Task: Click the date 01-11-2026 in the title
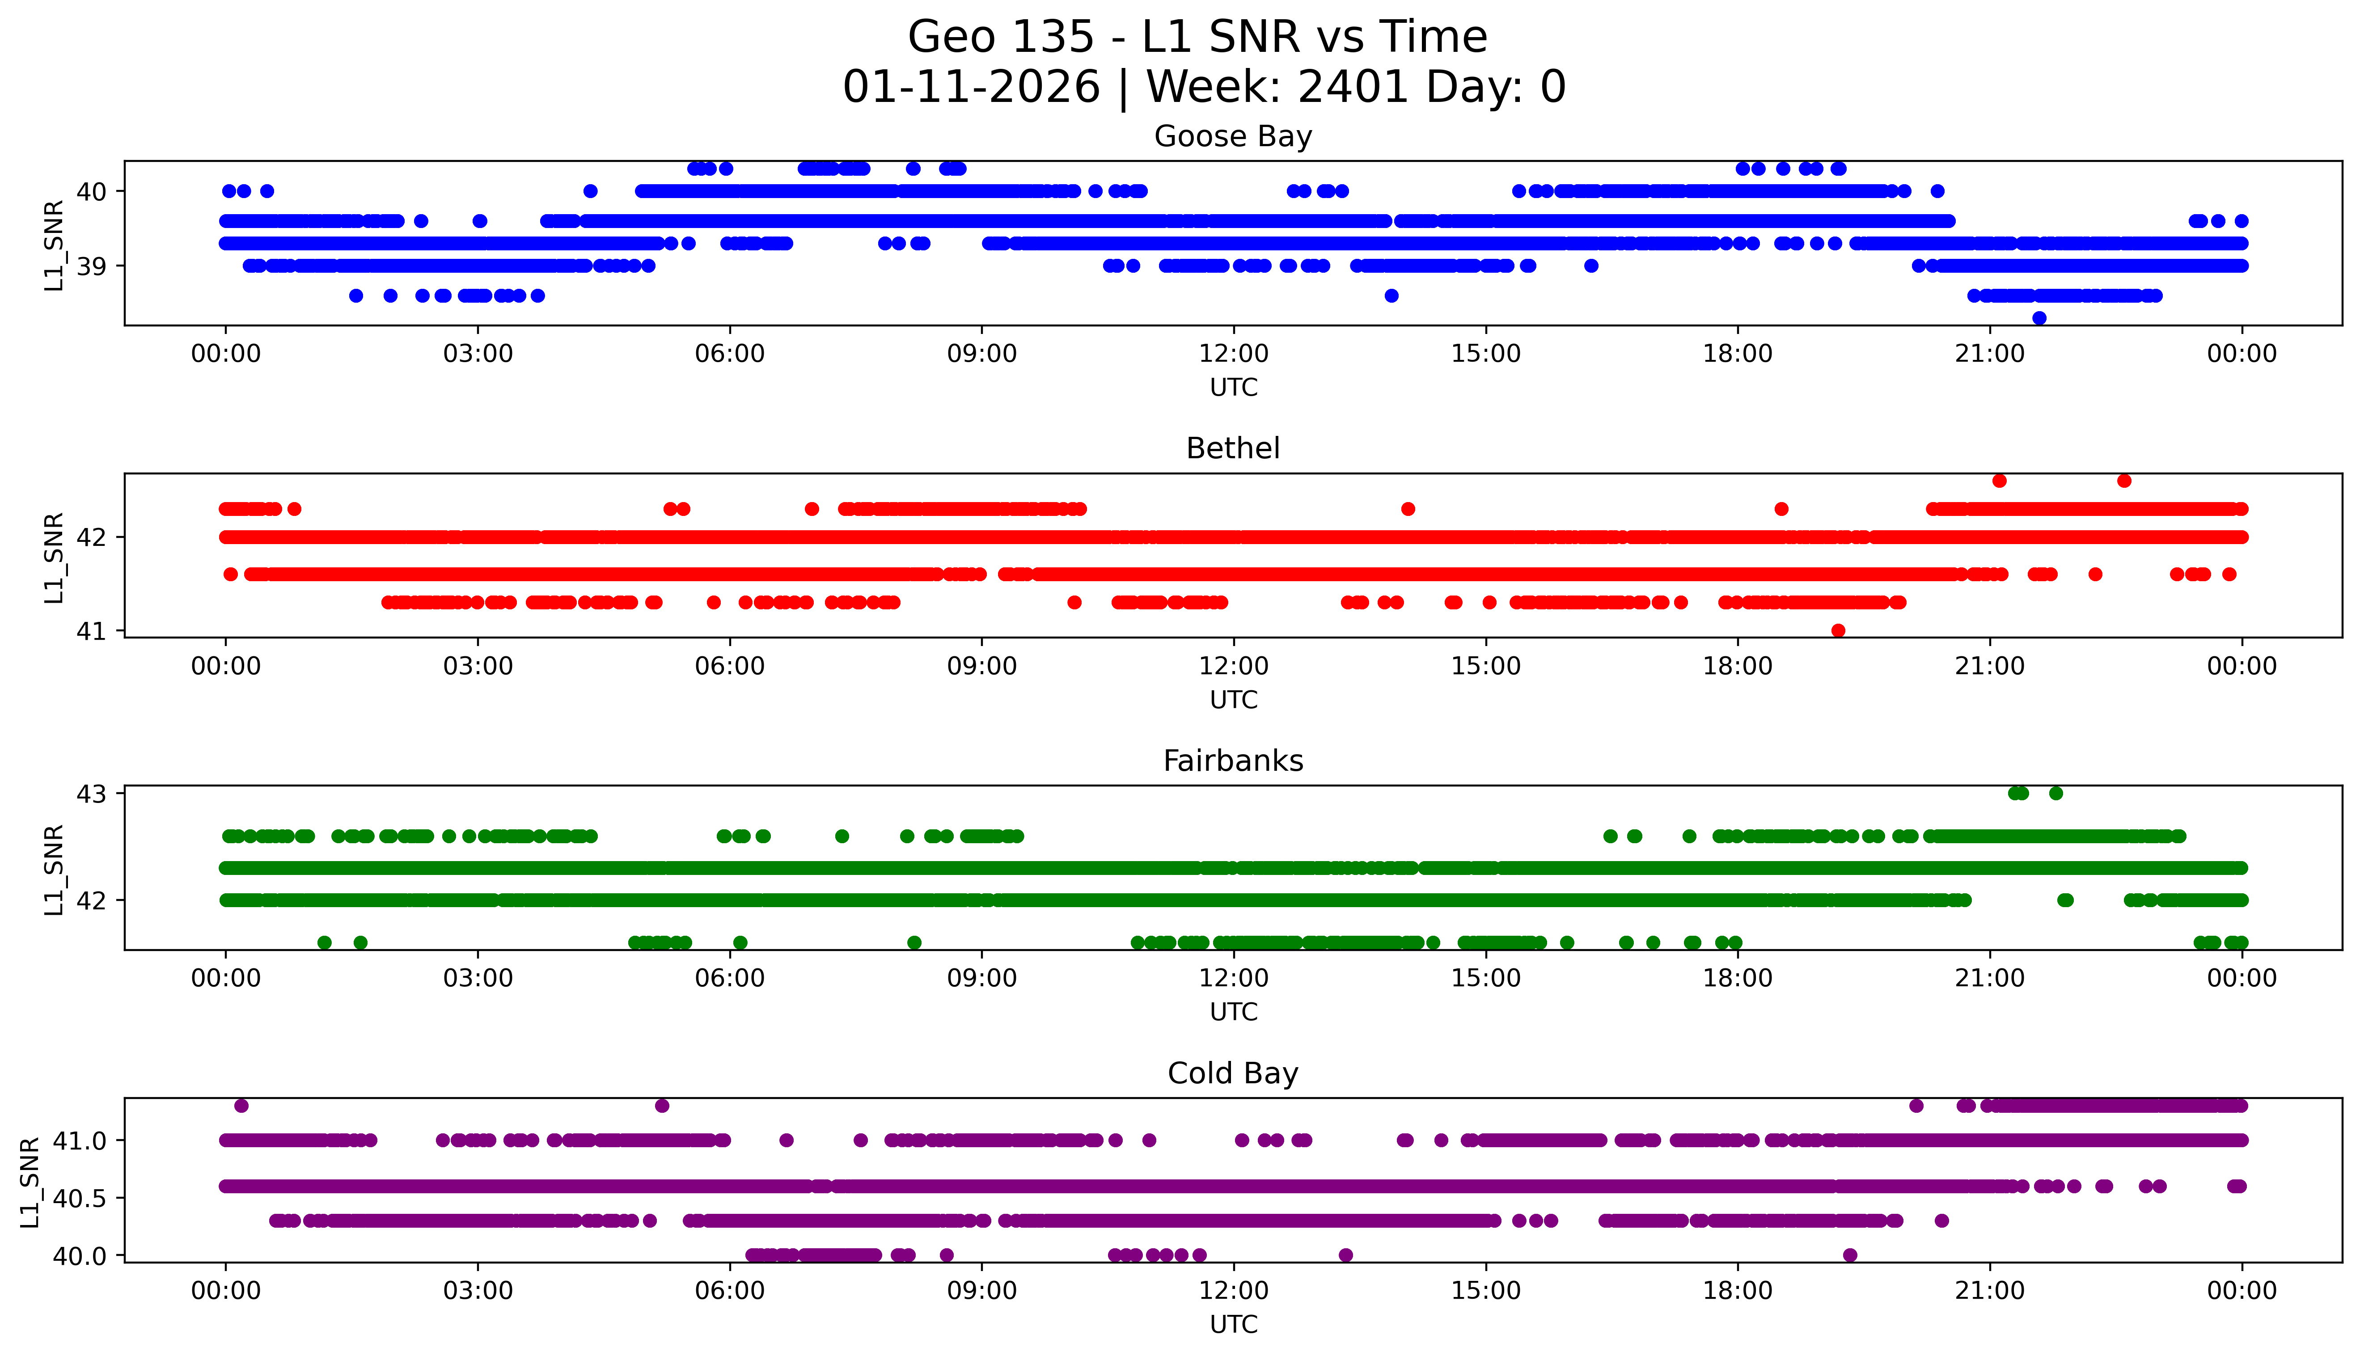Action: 971,88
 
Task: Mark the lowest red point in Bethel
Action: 1838,630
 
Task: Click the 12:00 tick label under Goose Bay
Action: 1233,354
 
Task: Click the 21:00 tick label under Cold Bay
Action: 1989,1291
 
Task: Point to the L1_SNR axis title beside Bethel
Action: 54,557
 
